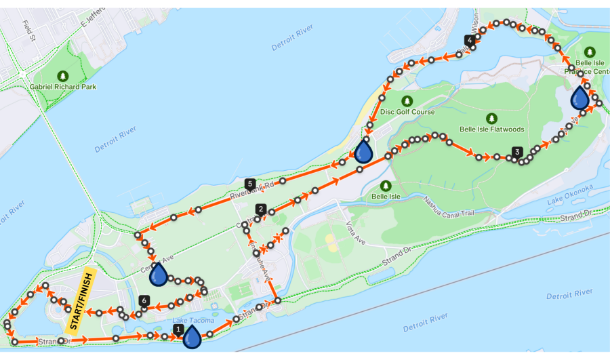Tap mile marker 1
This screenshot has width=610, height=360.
(178, 329)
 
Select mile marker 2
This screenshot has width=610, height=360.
(260, 209)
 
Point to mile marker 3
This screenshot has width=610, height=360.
(517, 152)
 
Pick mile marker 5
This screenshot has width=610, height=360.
(250, 184)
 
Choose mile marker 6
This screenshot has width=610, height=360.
(143, 300)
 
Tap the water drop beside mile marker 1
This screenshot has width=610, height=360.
(192, 336)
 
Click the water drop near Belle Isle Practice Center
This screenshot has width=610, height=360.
(579, 98)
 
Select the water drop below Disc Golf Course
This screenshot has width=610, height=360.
(364, 151)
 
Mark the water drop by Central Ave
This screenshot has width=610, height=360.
(159, 275)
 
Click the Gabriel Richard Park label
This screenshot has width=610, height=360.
(62, 87)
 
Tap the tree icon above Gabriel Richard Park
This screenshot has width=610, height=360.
(63, 75)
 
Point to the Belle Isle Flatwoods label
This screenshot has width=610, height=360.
(491, 129)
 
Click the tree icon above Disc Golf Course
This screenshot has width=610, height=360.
(407, 100)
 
